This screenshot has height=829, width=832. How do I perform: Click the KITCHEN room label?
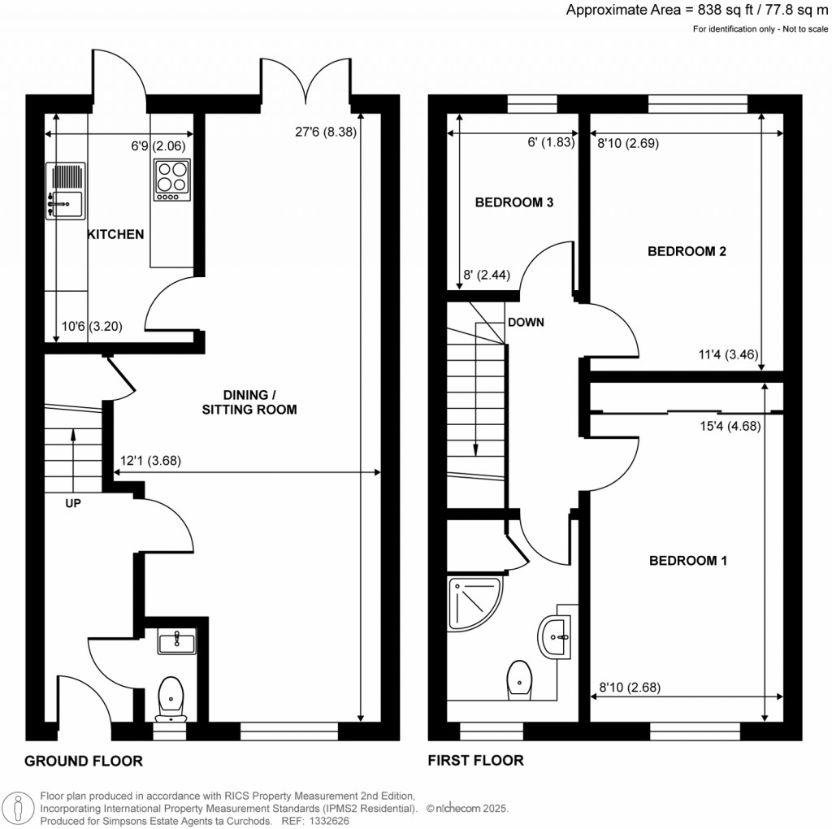[115, 235]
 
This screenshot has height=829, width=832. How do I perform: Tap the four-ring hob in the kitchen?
[171, 180]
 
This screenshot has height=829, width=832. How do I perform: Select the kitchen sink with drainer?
[66, 191]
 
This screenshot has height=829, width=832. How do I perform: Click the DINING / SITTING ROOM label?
[249, 402]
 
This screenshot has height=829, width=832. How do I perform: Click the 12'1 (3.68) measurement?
[150, 460]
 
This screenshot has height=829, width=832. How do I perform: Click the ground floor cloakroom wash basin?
[175, 643]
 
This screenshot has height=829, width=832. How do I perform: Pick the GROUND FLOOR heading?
[84, 762]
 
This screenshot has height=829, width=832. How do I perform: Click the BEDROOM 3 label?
[514, 202]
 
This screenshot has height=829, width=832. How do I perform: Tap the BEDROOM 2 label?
[687, 252]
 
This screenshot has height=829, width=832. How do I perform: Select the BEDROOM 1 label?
[687, 561]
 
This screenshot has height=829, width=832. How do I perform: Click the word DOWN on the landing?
[526, 323]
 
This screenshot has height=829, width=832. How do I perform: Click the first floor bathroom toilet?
[519, 679]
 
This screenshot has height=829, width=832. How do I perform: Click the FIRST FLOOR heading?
[476, 762]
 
